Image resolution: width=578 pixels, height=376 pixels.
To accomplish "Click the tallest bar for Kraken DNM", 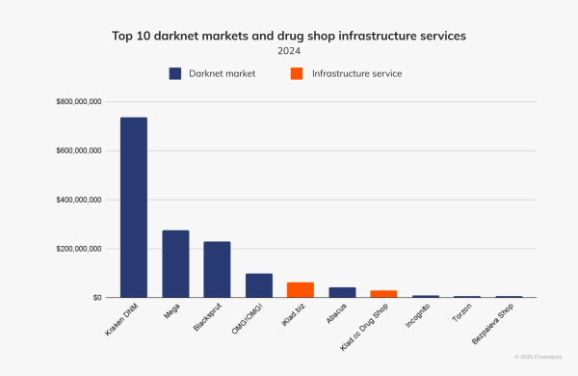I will click(133, 207).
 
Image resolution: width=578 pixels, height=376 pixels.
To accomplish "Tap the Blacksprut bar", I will click(217, 269).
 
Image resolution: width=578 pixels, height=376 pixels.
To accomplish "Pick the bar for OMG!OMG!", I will click(259, 285).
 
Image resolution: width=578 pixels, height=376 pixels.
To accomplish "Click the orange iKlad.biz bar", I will click(301, 289).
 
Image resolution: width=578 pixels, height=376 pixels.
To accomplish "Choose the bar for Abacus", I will click(342, 292).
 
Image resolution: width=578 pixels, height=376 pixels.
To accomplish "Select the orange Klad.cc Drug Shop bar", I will click(384, 294).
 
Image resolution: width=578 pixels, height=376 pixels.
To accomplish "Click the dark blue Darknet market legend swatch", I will click(175, 73).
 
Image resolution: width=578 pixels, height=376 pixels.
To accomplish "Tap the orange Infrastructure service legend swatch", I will click(296, 73).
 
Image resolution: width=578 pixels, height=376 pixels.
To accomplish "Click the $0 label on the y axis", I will click(96, 298).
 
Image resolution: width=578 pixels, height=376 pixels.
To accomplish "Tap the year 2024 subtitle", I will click(289, 50).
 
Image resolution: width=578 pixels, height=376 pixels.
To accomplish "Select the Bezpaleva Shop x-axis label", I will click(488, 323).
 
